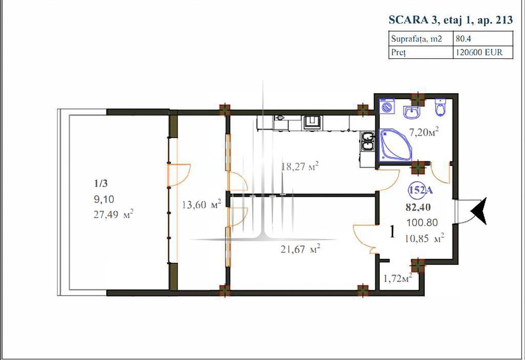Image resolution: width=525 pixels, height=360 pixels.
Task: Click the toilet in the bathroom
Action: [x=441, y=107]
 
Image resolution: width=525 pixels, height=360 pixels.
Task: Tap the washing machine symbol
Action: [x=387, y=107]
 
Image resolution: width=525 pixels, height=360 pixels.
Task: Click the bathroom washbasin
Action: [x=411, y=112]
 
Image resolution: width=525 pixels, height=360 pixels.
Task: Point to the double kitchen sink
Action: [x=367, y=142]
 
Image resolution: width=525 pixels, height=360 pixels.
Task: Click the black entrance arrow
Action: [x=479, y=211]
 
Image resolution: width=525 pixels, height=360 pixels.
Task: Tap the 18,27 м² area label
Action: [x=300, y=167]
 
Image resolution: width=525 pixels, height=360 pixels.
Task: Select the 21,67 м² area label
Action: [x=300, y=249]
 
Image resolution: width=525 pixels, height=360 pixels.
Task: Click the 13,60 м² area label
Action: [x=201, y=204]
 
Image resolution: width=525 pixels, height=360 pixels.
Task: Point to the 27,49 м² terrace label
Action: [x=114, y=214]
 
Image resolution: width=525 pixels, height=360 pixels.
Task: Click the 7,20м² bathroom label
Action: [x=424, y=132]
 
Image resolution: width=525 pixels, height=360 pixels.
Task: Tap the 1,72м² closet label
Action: [x=398, y=278]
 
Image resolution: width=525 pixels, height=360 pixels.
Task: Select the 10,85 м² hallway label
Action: [x=425, y=238]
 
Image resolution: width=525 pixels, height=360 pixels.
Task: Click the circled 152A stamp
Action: [x=420, y=190]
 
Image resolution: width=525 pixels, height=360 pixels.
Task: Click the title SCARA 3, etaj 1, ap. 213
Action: [x=450, y=20]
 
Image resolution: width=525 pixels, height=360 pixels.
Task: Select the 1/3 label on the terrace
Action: [x=101, y=183]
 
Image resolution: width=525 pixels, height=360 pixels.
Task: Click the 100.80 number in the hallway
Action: [x=422, y=222]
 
